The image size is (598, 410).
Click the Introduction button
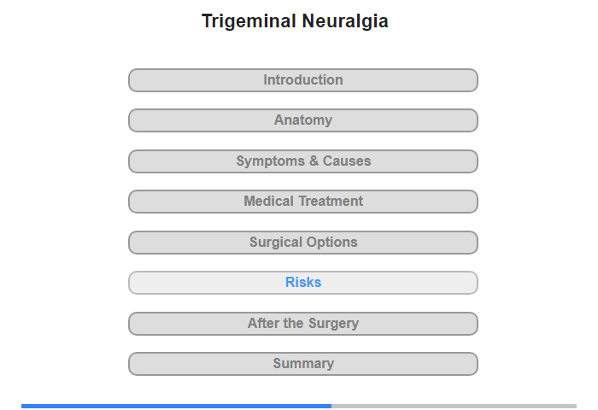coord(303,80)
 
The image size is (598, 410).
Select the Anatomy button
coord(303,120)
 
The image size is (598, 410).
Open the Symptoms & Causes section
coord(303,161)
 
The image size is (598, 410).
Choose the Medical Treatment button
coord(303,202)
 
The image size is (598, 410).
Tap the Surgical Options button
coord(303,243)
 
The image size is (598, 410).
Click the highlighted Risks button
coord(303,283)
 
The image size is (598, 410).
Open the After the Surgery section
coord(303,324)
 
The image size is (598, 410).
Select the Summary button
coord(303,364)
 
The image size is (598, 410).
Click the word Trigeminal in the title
coord(249,21)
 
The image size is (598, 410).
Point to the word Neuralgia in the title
coord(345,21)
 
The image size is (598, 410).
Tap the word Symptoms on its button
coord(271,161)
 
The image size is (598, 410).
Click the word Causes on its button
coord(347,161)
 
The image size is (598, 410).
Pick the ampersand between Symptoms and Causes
coord(314,161)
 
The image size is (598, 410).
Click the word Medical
coord(269,201)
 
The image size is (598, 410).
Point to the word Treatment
coord(331,201)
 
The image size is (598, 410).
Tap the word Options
coord(331,243)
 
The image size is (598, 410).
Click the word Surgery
coord(334,324)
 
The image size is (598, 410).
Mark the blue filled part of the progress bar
coord(176,407)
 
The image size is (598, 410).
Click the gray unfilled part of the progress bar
coord(454,407)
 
